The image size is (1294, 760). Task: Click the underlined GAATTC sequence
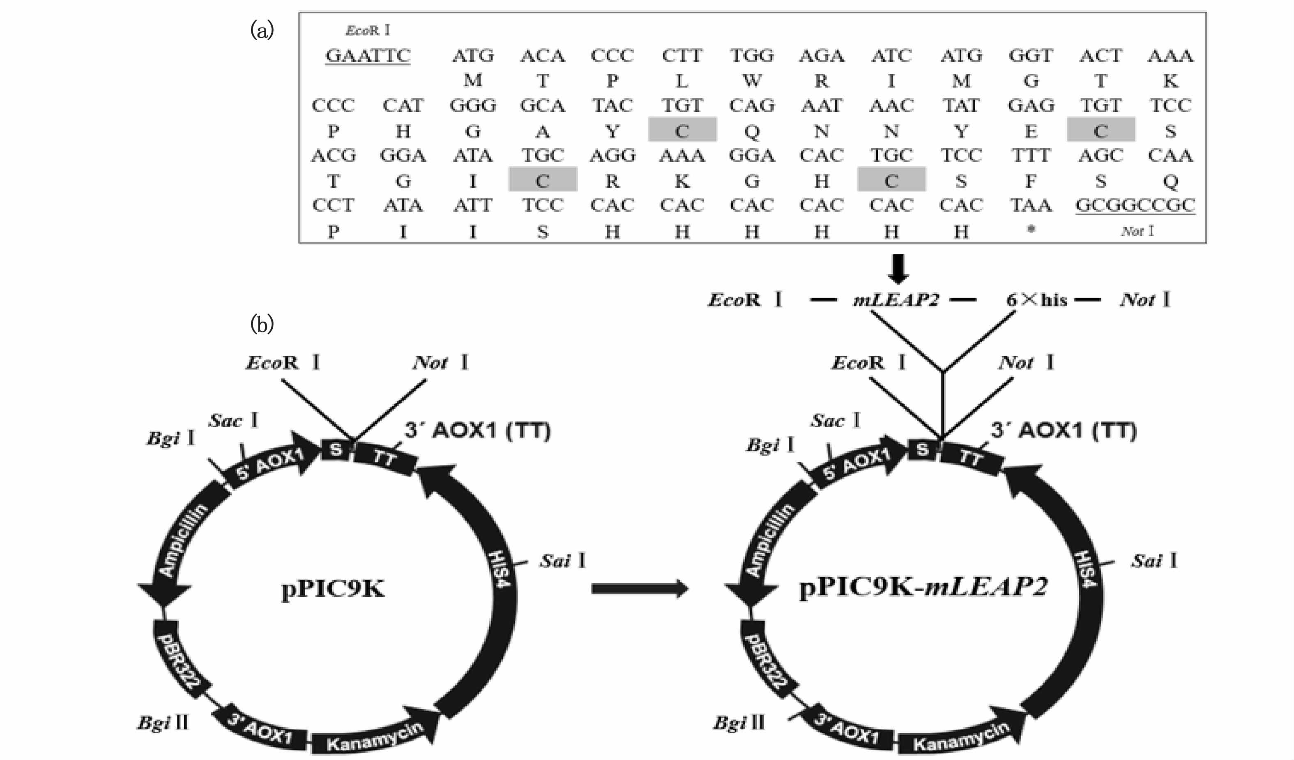point(368,55)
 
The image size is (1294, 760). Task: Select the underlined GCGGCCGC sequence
point(1135,205)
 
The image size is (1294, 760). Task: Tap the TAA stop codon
point(1031,205)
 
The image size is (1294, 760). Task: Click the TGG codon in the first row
point(752,55)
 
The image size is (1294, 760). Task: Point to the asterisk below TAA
point(1031,230)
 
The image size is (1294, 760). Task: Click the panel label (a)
point(262,31)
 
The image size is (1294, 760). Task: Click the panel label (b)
point(262,324)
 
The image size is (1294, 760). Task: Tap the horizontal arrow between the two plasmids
point(639,588)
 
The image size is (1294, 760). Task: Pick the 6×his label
point(1036,299)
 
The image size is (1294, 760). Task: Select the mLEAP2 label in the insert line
point(896,300)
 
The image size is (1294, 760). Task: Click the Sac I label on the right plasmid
point(835,421)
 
